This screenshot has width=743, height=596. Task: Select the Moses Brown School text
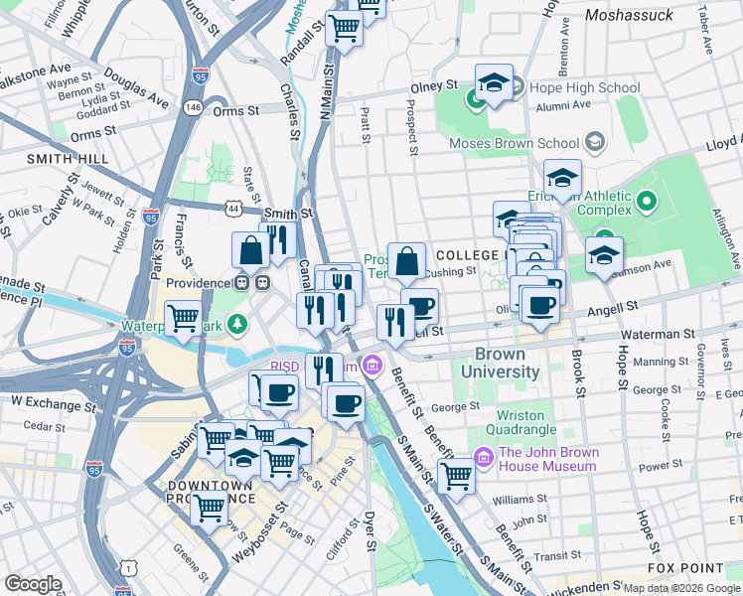514,143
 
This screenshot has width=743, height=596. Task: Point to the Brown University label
508,363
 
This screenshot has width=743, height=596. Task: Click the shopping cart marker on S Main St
456,475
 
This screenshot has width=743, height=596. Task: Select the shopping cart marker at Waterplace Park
184,318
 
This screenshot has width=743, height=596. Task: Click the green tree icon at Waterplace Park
237,323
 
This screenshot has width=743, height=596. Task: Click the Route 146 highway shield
193,105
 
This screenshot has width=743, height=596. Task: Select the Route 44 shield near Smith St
232,209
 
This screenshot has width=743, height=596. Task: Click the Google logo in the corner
34,584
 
